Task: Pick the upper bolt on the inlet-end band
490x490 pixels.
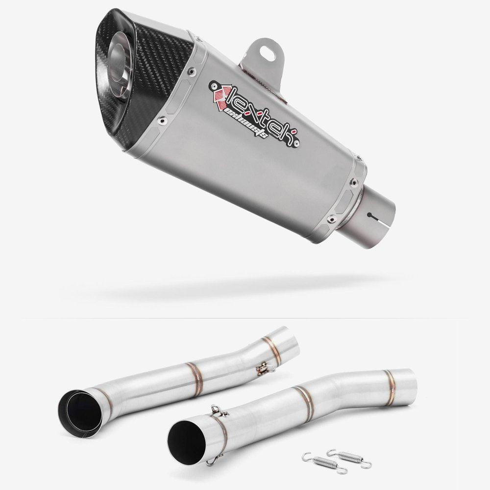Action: [x=354, y=181]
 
